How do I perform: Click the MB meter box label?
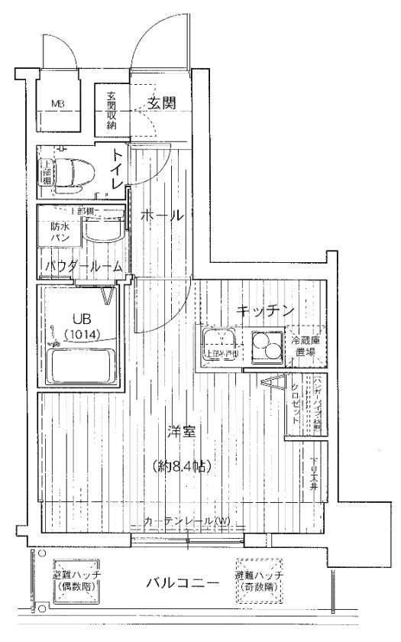pyautogui.click(x=58, y=103)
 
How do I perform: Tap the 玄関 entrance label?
pyautogui.click(x=162, y=102)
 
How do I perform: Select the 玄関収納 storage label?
pyautogui.click(x=112, y=110)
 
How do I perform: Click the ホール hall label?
pyautogui.click(x=162, y=217)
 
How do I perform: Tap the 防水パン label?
pyautogui.click(x=60, y=232)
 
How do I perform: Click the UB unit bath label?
pyautogui.click(x=81, y=319)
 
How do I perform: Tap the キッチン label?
pyautogui.click(x=264, y=310)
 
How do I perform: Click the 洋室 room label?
pyautogui.click(x=181, y=432)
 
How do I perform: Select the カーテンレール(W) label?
pyautogui.click(x=187, y=522)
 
